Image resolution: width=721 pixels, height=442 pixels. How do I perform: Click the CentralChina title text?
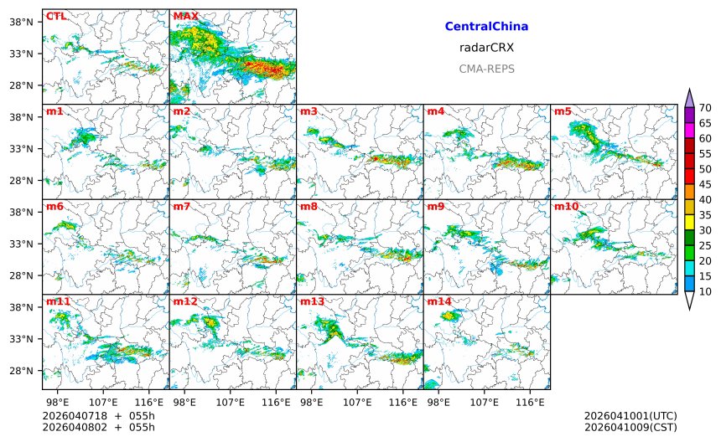486,27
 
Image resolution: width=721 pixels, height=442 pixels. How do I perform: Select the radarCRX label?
486,48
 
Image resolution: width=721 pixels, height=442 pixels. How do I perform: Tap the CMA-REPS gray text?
486,69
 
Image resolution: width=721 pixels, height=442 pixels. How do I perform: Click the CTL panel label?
55,16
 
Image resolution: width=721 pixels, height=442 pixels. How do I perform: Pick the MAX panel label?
185,16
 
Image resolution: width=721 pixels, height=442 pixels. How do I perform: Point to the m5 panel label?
563,111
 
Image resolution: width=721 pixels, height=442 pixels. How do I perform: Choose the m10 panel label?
566,206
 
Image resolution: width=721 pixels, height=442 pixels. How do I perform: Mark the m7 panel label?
183,206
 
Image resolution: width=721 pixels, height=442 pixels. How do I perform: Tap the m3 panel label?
309,111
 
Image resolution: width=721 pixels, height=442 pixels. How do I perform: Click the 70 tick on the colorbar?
705,107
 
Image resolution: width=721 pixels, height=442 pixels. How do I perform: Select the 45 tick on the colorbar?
705,184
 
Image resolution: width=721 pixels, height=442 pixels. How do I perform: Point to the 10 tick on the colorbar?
705,291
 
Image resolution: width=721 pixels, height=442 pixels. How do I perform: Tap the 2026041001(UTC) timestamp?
630,416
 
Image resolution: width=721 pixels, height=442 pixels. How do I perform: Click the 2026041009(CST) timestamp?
630,427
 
